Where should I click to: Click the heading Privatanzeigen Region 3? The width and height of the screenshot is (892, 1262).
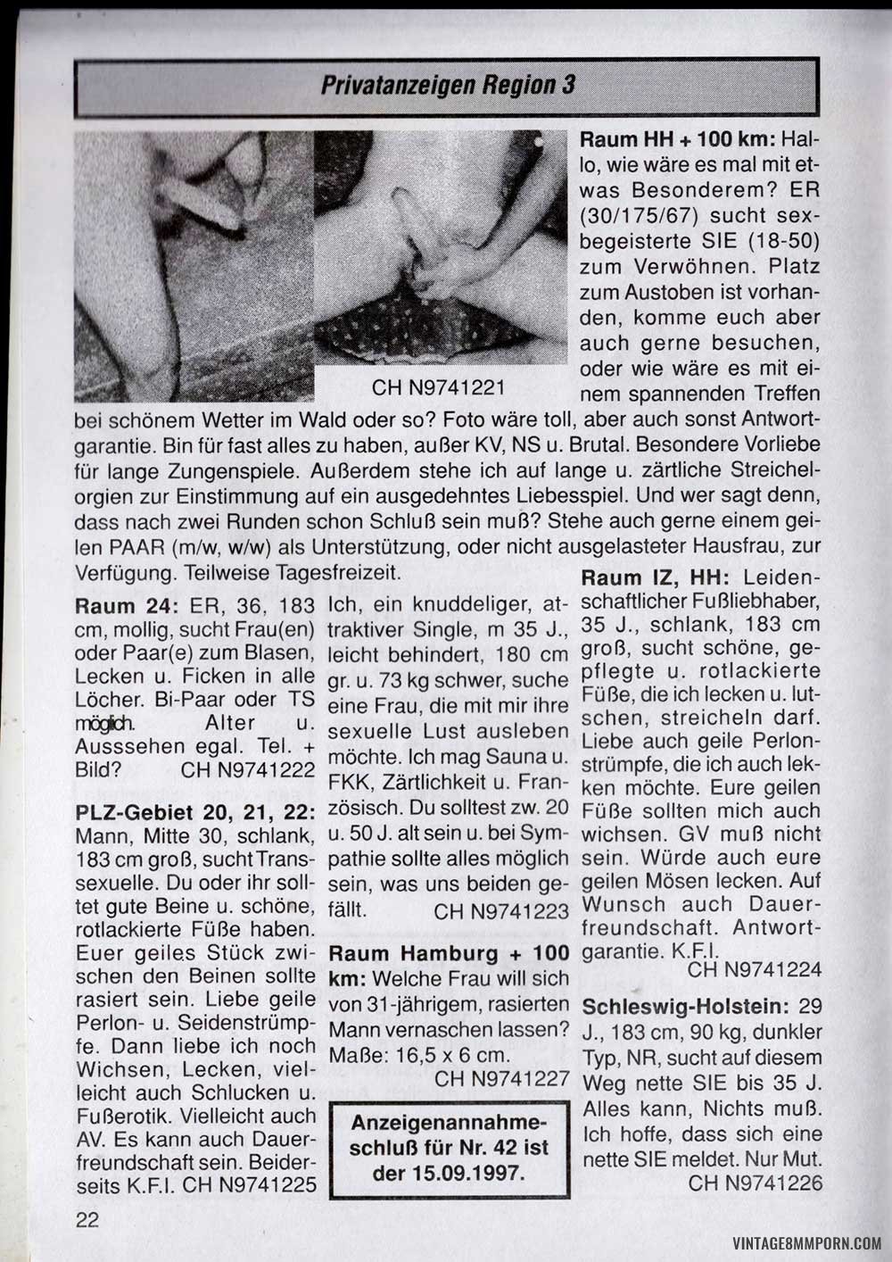[447, 85]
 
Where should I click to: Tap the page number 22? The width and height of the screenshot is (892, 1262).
[87, 1219]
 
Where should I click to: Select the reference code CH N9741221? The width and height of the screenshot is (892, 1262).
[439, 388]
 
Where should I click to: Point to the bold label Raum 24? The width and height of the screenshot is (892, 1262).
[128, 606]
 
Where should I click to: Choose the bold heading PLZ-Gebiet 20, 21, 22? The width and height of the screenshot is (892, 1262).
[195, 814]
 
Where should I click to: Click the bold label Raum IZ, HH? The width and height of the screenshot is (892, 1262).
[657, 578]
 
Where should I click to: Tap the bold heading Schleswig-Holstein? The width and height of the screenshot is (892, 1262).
[685, 1007]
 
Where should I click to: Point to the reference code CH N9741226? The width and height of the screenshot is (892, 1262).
[755, 1183]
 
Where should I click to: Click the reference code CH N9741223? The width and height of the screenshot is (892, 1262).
[501, 911]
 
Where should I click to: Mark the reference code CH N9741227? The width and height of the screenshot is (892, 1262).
[501, 1078]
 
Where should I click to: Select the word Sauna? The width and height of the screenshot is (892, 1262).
[520, 757]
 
